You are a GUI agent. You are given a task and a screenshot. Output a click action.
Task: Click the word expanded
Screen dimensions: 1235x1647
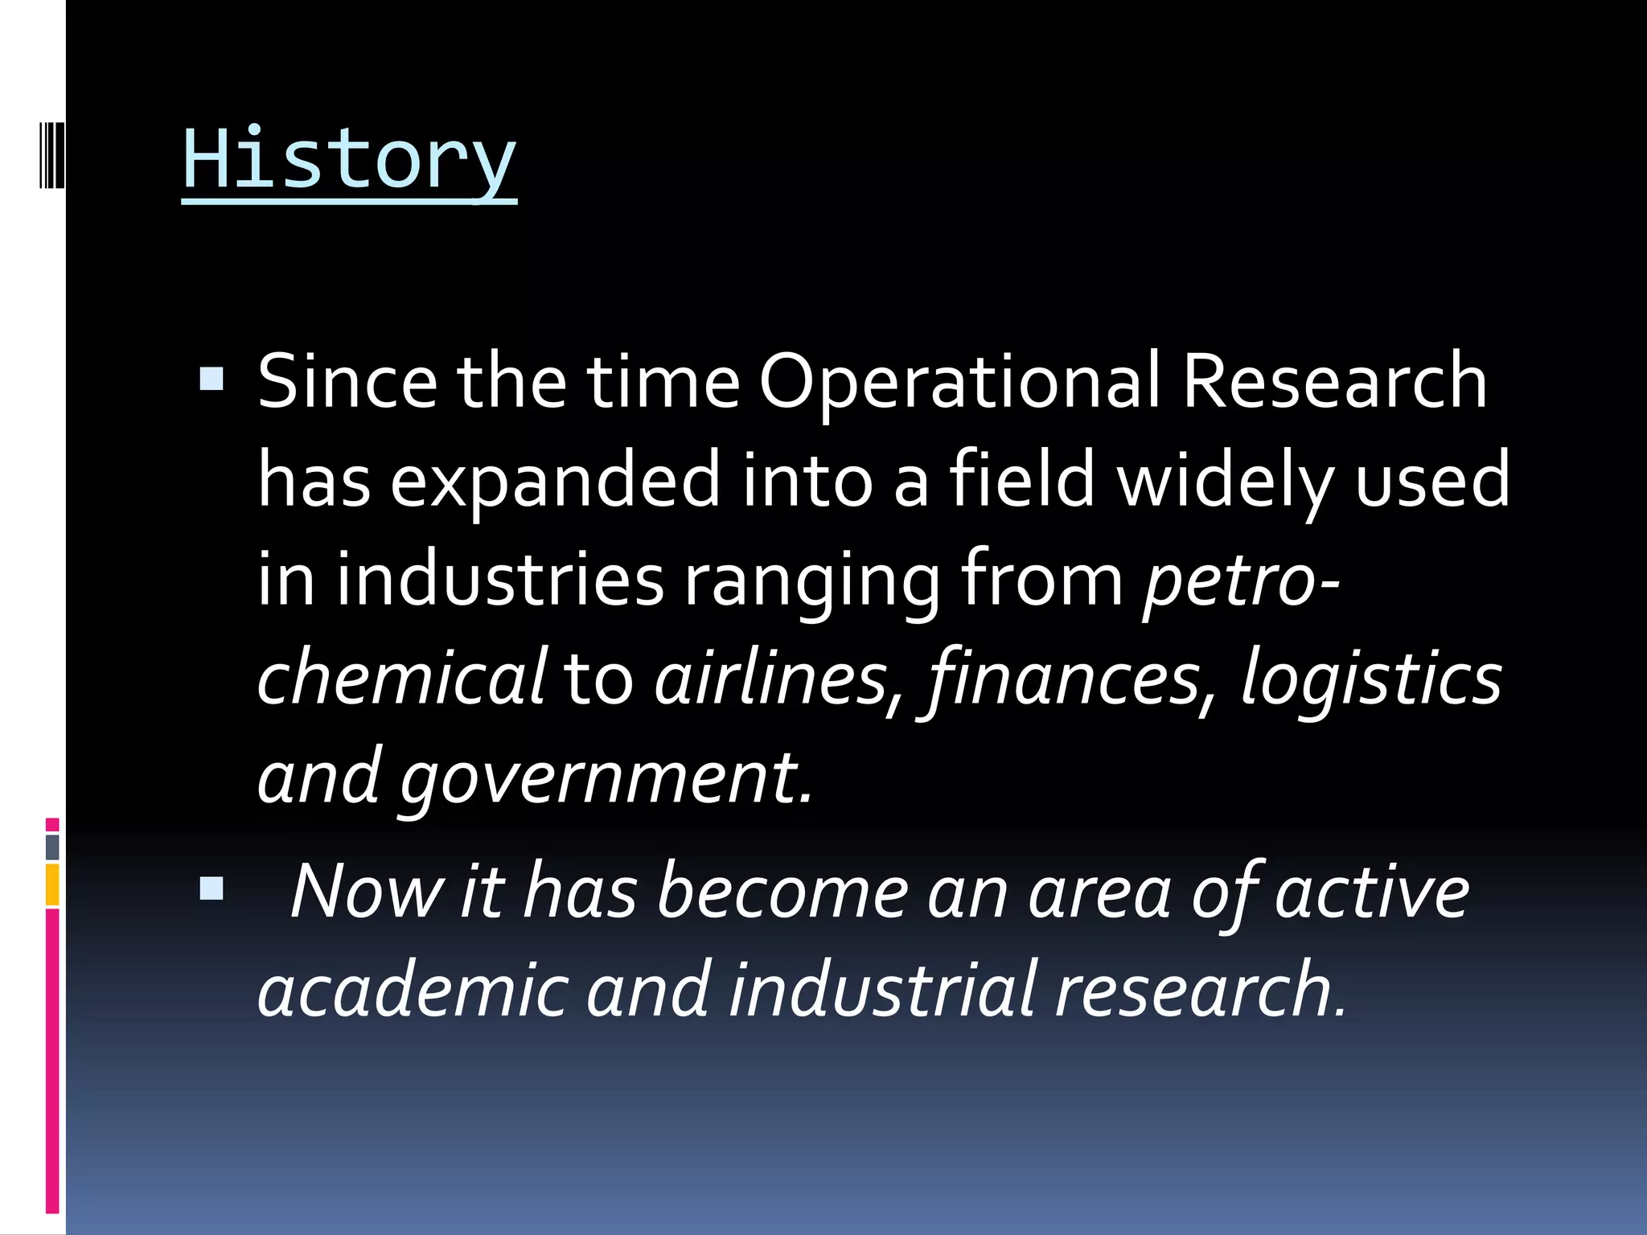[x=555, y=480]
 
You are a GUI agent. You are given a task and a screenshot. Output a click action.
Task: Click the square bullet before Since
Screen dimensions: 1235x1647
[x=212, y=379]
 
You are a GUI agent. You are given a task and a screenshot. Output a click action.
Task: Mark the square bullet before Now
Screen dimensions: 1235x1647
[x=212, y=888]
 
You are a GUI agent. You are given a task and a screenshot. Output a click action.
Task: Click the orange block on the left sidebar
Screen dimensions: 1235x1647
[x=52, y=884]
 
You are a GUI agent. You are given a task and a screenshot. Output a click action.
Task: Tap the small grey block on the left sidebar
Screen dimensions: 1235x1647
[x=52, y=847]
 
